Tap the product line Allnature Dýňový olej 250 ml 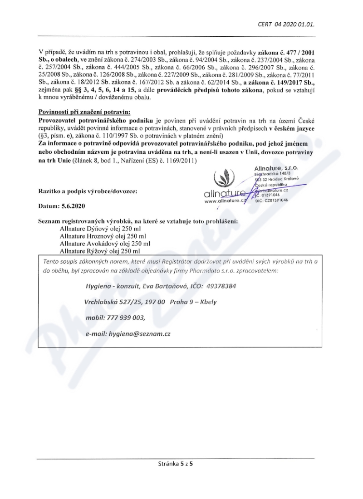(103, 229)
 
